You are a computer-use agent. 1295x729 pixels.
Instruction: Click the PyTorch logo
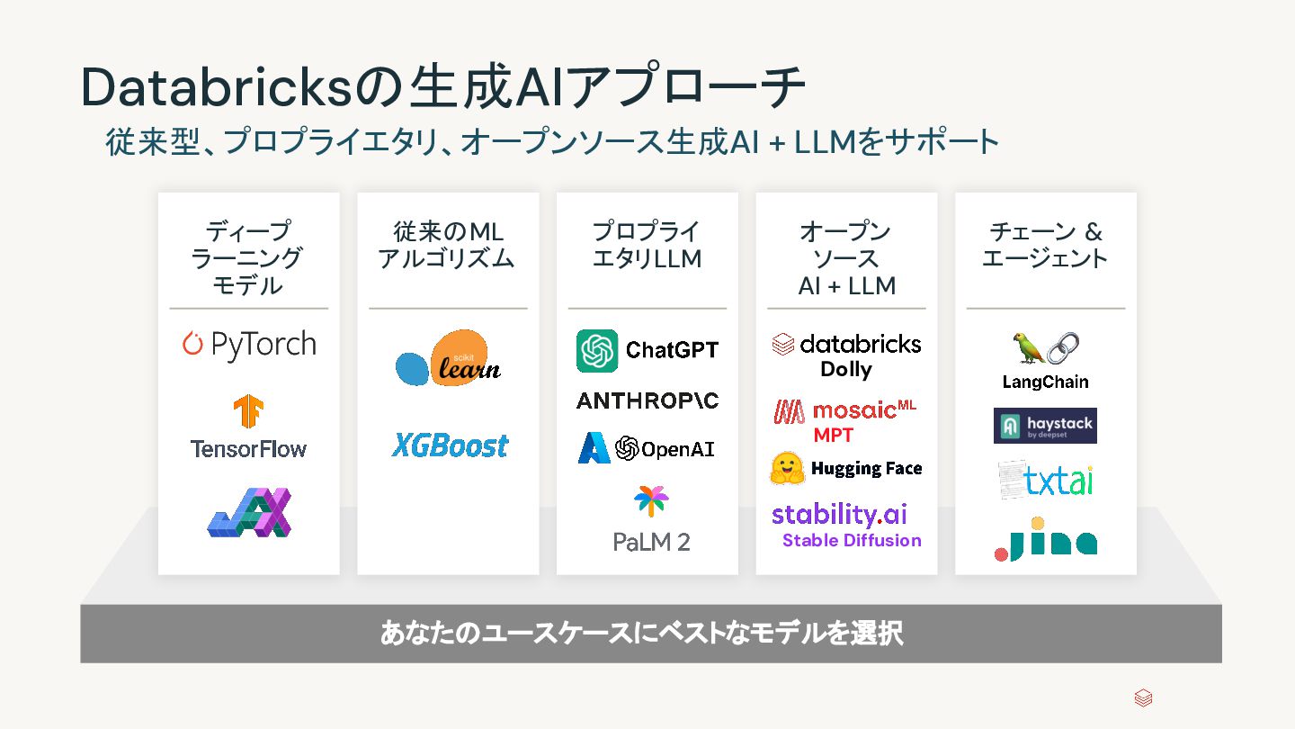249,345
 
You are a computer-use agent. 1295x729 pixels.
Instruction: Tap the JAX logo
249,513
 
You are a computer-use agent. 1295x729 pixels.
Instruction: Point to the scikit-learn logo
448,360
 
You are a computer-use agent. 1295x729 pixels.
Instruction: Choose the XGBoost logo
450,445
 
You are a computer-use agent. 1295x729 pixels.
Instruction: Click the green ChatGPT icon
597,350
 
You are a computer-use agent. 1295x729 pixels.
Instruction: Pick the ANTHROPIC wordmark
647,400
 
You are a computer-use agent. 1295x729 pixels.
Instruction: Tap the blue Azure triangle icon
594,448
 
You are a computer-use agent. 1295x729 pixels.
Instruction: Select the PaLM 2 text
651,543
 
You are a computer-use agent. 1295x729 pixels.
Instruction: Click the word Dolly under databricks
846,369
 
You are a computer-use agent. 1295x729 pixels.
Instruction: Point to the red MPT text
834,435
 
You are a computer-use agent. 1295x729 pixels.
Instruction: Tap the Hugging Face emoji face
787,468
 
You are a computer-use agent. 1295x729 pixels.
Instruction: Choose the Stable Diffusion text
852,540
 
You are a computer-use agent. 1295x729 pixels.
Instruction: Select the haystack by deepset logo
1045,426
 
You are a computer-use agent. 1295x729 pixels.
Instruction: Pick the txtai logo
1046,481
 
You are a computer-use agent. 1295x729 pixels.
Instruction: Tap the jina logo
1046,540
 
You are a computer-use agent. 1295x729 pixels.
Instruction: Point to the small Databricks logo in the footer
1143,698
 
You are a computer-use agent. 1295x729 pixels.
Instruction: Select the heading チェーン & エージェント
1045,245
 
